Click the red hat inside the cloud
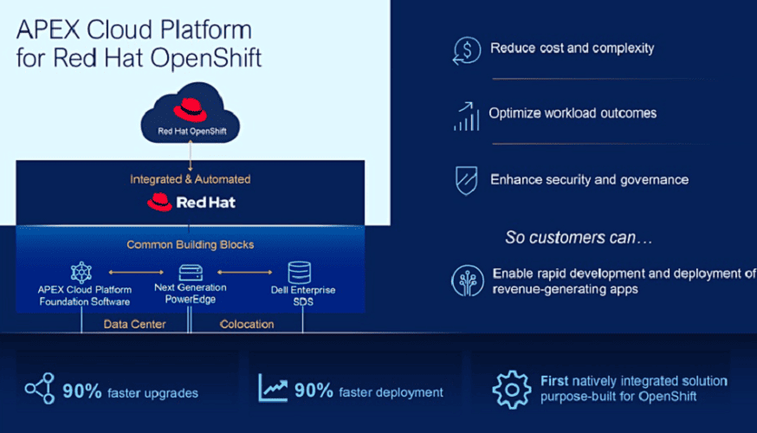pyautogui.click(x=191, y=110)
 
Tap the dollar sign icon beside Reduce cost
pyautogui.click(x=466, y=50)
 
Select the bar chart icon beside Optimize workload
pyautogui.click(x=466, y=116)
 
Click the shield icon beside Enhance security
pyautogui.click(x=466, y=180)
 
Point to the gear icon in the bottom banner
pyautogui.click(x=512, y=390)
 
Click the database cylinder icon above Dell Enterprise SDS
pyautogui.click(x=300, y=272)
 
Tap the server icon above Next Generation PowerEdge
pyautogui.click(x=191, y=273)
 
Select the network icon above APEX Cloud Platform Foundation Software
pyautogui.click(x=81, y=272)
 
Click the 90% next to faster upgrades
pyautogui.click(x=82, y=391)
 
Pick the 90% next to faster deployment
pyautogui.click(x=314, y=391)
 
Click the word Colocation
pyautogui.click(x=247, y=324)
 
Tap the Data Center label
pyautogui.click(x=135, y=324)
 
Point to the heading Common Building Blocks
pyautogui.click(x=191, y=245)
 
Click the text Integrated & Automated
pyautogui.click(x=191, y=179)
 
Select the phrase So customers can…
pyautogui.click(x=579, y=237)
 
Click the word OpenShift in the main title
pyautogui.click(x=206, y=58)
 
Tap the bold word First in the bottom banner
pyautogui.click(x=554, y=381)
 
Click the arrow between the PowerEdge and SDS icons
pyautogui.click(x=245, y=272)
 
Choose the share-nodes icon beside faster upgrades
pyautogui.click(x=40, y=388)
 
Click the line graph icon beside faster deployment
pyautogui.click(x=273, y=387)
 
